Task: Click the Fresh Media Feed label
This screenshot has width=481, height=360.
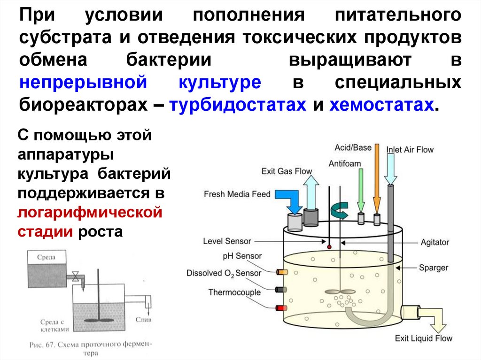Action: (237, 194)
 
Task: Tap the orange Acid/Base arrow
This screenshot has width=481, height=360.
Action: (376, 178)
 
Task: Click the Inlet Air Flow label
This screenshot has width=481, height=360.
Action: (410, 150)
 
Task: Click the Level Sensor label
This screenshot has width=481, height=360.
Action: (227, 241)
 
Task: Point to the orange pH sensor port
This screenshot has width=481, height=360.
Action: (282, 272)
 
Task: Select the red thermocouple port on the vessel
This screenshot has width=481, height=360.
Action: (282, 308)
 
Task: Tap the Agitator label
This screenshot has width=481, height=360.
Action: (434, 243)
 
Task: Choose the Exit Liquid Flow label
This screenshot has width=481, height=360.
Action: (423, 338)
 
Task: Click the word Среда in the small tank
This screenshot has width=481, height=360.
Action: (47, 257)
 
